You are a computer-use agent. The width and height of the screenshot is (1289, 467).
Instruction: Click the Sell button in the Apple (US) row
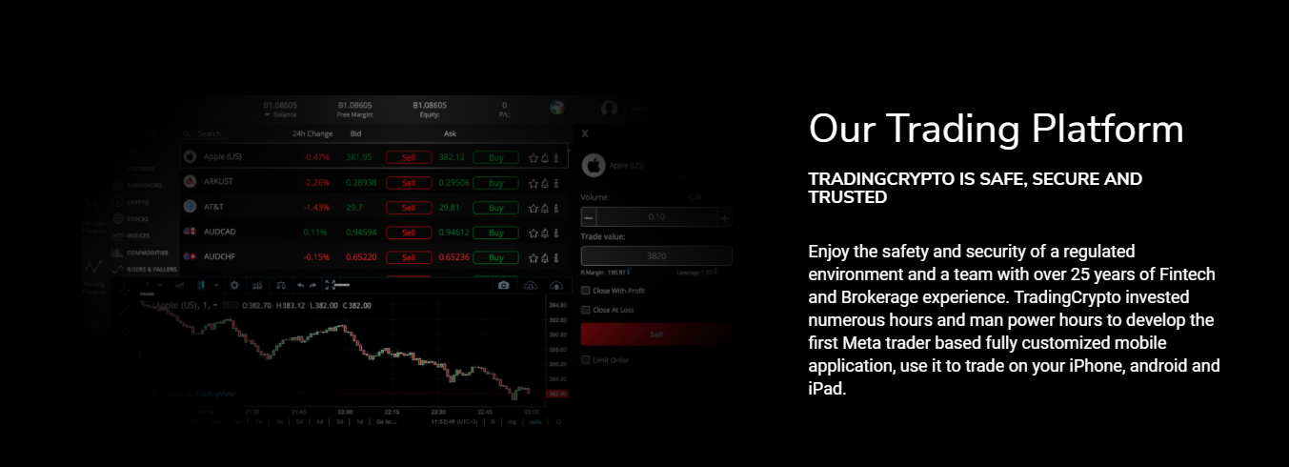point(409,157)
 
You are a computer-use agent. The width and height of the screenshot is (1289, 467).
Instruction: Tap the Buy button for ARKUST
point(495,182)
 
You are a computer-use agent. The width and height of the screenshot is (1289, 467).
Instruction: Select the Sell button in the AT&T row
point(409,207)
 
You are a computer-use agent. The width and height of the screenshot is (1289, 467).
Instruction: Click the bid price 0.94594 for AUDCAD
point(360,232)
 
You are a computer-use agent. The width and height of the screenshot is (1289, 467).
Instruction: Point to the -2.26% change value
point(316,182)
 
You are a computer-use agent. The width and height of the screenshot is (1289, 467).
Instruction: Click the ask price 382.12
point(452,157)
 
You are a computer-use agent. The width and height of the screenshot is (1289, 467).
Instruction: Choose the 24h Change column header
point(312,133)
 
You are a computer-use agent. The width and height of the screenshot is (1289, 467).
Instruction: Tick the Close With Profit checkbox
point(586,290)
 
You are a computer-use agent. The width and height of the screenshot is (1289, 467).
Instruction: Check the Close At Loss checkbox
point(586,310)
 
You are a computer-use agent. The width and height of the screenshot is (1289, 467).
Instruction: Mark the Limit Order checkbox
point(586,359)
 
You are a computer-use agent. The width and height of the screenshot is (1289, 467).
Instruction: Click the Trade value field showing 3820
point(656,255)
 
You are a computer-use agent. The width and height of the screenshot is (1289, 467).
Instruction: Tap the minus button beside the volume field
point(588,217)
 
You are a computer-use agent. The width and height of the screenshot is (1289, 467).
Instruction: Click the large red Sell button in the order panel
point(656,335)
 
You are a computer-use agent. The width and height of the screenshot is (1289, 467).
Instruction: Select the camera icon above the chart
point(504,285)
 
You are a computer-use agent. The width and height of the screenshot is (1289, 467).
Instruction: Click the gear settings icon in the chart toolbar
point(234,285)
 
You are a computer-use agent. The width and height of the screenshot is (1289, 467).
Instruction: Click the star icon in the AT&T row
point(534,207)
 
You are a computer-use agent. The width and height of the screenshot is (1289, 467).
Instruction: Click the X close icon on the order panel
point(585,133)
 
